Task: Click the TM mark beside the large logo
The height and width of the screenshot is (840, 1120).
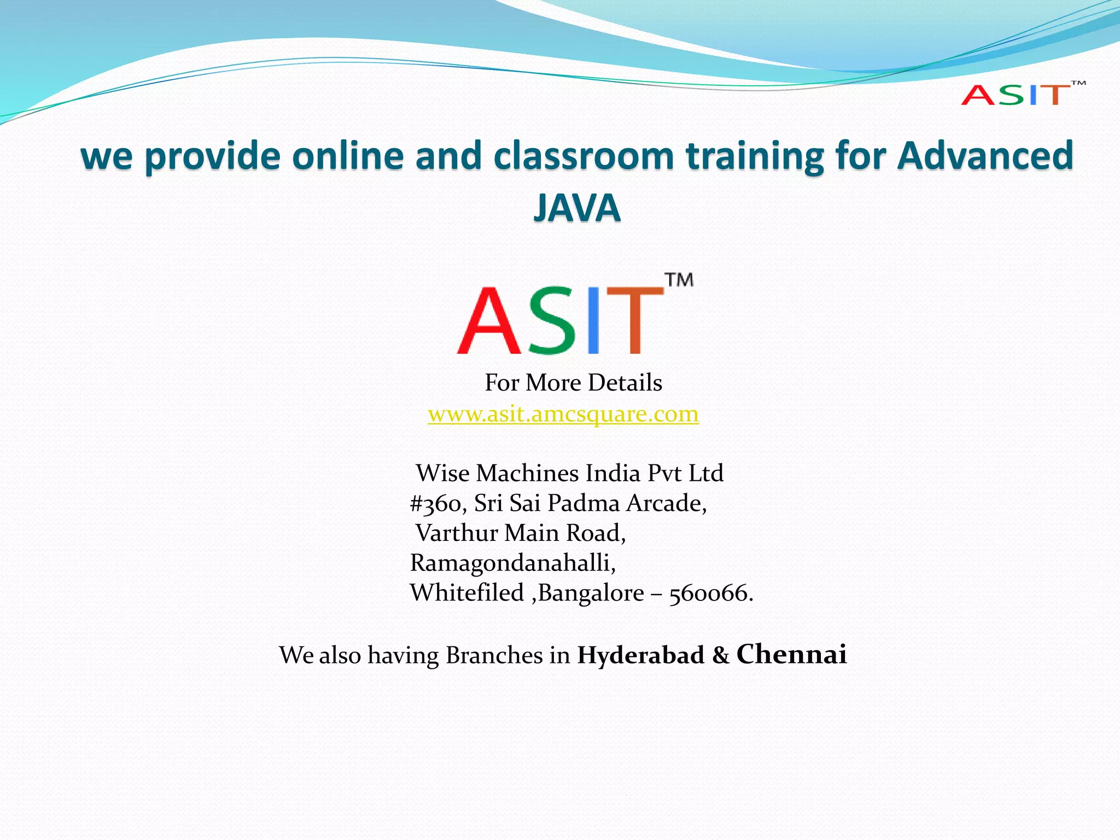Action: pos(679,280)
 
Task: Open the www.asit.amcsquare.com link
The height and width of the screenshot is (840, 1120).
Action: pos(563,414)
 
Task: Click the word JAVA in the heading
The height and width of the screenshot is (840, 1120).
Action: pos(577,208)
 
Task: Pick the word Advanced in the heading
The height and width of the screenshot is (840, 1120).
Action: pos(985,156)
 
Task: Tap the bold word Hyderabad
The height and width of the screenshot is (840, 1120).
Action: pos(640,655)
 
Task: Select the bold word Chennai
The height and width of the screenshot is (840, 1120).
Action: pos(791,654)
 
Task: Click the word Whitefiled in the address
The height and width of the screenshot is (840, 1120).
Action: pos(467,593)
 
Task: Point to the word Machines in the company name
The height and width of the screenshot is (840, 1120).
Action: pos(527,473)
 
